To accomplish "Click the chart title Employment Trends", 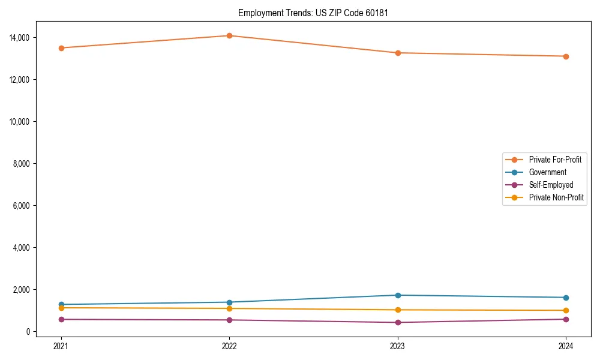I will pyautogui.click(x=313, y=13).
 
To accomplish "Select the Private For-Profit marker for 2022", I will pyautogui.click(x=229, y=35).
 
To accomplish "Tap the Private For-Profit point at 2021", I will pyautogui.click(x=61, y=48).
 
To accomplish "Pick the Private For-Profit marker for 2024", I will pyautogui.click(x=566, y=56).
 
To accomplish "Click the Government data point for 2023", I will pyautogui.click(x=398, y=295).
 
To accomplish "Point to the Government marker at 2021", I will pyautogui.click(x=61, y=304).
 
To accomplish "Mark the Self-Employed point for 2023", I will pyautogui.click(x=398, y=322).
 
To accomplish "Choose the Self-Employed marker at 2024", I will pyautogui.click(x=566, y=319).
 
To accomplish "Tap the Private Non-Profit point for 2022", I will pyautogui.click(x=229, y=308).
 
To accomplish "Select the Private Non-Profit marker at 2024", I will pyautogui.click(x=566, y=310).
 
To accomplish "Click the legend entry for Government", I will pyautogui.click(x=547, y=172).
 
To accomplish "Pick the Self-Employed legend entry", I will pyautogui.click(x=551, y=185).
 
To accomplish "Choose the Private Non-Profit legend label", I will pyautogui.click(x=556, y=197).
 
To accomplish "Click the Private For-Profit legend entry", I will pyautogui.click(x=555, y=160).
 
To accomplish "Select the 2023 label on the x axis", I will pyautogui.click(x=398, y=346).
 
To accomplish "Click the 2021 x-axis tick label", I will pyautogui.click(x=61, y=346).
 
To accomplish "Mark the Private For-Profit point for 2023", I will pyautogui.click(x=398, y=53).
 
